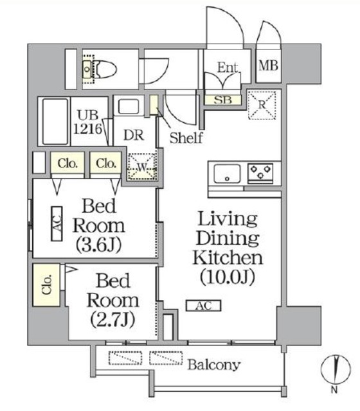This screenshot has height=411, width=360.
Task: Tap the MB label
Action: [269, 65]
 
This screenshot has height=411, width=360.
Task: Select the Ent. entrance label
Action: [228, 66]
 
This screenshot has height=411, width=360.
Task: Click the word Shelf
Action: [186, 137]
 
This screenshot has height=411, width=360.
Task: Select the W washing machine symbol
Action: [141, 167]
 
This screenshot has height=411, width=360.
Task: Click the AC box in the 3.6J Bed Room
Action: [56, 225]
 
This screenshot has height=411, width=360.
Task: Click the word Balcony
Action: [214, 365]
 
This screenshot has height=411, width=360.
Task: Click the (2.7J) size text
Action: [113, 319]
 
